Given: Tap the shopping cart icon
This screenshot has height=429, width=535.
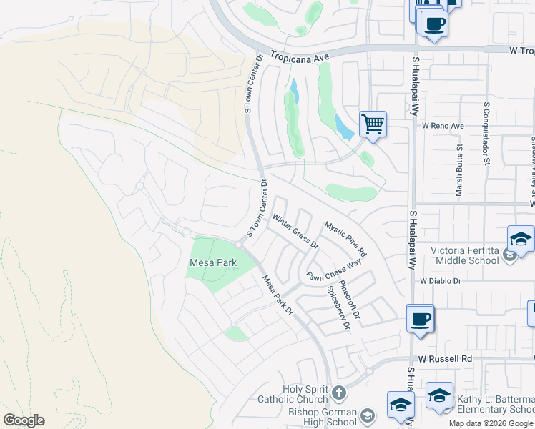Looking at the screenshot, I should tap(373, 124).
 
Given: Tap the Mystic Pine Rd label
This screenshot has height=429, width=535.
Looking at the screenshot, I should tap(345, 238).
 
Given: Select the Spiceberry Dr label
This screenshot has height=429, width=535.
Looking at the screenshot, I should tap(338, 308).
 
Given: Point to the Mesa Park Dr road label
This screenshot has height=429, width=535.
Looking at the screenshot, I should tap(278, 295).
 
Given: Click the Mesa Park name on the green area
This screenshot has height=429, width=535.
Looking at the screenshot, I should tap(212, 263).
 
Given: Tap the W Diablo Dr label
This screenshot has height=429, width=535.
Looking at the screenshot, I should tap(441, 282).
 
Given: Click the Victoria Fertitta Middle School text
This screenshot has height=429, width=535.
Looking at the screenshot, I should tap(464, 256).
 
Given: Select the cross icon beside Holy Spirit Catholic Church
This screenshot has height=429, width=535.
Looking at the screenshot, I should tap(338, 392).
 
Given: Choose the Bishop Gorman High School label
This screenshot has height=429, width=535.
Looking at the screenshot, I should tap(322, 418).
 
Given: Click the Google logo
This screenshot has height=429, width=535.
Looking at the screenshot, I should tap(24, 420).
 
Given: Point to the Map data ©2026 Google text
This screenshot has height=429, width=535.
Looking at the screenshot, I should tap(491, 423).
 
